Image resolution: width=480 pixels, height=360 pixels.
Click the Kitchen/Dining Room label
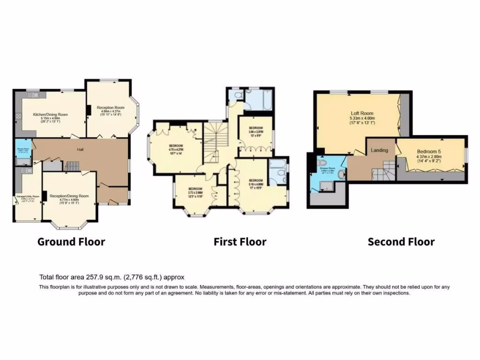50,114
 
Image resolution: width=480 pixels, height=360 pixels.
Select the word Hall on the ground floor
81,150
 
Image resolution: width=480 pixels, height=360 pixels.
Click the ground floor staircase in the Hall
71,165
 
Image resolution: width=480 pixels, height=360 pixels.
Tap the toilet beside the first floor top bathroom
238,96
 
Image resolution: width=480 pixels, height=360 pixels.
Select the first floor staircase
213,141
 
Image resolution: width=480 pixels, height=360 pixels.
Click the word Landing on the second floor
379,150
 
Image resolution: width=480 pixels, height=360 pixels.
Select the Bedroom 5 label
429,151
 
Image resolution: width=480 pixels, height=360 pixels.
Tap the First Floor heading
240,242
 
